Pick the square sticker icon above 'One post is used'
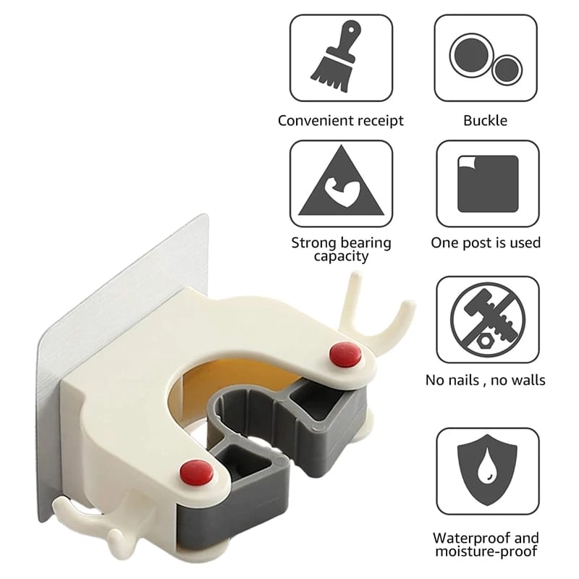486,183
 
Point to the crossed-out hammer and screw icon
486,319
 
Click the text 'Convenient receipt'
341,121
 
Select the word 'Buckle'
486,121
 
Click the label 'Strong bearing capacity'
341,249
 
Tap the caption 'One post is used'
486,243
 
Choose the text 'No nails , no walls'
486,380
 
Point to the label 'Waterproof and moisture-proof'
486,545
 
